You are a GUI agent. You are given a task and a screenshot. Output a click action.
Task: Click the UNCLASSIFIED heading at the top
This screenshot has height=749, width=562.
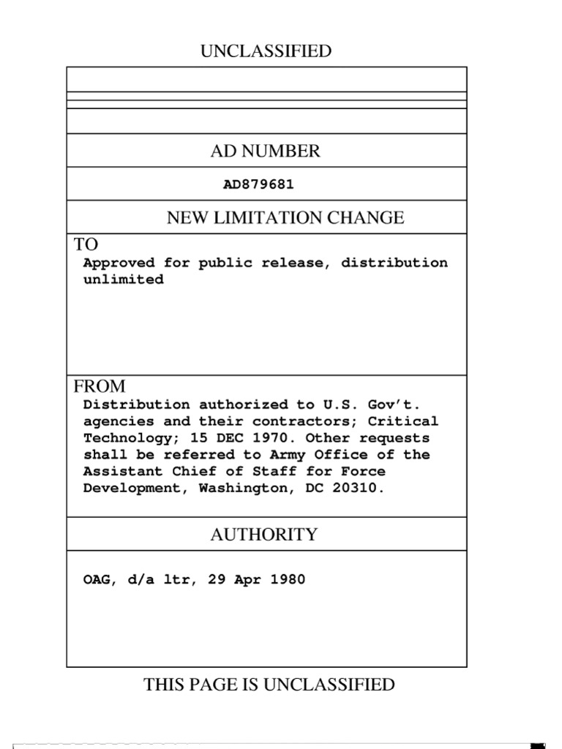tap(266, 51)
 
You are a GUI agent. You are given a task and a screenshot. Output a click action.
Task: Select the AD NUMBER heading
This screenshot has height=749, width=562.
tap(266, 151)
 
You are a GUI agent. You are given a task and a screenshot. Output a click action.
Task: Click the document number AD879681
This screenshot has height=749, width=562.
tap(258, 184)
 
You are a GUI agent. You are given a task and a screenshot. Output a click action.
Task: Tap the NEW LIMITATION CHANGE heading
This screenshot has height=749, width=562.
tap(285, 217)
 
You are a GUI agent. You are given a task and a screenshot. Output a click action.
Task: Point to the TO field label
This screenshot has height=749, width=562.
tap(86, 244)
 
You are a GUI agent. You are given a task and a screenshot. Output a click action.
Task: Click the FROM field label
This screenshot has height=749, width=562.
tap(100, 386)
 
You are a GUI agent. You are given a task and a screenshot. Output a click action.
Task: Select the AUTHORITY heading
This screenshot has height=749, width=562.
tap(264, 535)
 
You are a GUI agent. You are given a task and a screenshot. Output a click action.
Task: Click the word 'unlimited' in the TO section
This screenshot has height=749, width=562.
tap(123, 280)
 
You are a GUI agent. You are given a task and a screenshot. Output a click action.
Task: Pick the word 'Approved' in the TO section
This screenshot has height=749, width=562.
tap(119, 263)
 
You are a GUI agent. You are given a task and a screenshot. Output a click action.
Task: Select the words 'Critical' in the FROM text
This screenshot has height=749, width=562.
tap(403, 421)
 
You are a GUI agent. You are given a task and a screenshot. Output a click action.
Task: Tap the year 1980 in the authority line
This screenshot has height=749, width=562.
tap(288, 580)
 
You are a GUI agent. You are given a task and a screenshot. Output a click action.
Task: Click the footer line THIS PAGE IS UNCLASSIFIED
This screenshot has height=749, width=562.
tap(269, 685)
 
